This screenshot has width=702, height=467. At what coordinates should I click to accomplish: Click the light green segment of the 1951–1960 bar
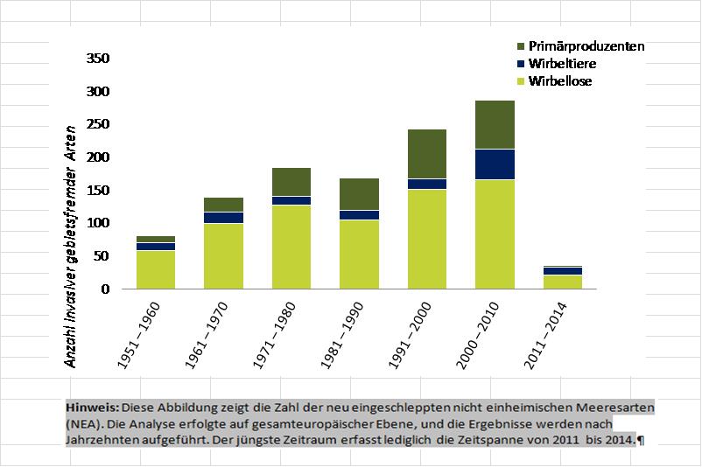156,269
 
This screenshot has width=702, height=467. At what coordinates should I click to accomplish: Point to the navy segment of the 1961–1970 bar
224,218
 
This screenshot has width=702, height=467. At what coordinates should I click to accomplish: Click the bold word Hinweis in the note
92,408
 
